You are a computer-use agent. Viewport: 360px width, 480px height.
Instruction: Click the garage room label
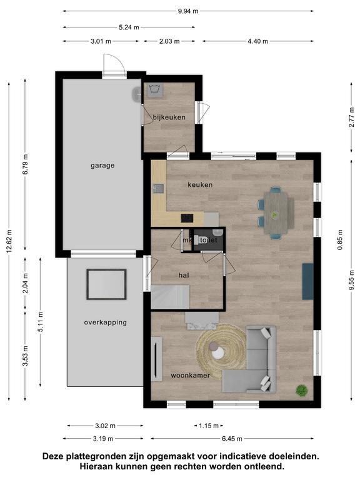click(102, 166)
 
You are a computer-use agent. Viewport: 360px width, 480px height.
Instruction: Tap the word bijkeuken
click(169, 117)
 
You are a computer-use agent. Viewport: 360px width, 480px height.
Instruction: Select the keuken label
click(200, 185)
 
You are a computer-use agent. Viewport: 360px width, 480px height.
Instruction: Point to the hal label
click(184, 276)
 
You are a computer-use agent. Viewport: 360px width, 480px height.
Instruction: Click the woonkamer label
click(191, 375)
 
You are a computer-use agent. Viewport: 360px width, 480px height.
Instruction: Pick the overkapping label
click(105, 322)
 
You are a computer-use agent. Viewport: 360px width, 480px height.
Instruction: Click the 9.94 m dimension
click(188, 11)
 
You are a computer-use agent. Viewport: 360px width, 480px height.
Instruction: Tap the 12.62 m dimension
click(9, 241)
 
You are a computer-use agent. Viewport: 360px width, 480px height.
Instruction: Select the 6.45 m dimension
click(232, 439)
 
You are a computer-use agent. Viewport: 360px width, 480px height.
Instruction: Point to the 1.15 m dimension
click(209, 426)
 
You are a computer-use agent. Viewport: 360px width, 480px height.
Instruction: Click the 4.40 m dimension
click(257, 41)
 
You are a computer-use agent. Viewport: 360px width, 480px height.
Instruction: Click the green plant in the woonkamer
click(301, 390)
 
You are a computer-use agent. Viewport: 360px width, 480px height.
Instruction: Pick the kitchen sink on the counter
click(159, 189)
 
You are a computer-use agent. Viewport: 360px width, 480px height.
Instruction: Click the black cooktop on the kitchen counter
click(187, 218)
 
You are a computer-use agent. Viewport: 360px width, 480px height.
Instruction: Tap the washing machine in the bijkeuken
click(155, 90)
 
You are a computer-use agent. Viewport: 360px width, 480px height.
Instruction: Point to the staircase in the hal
click(170, 297)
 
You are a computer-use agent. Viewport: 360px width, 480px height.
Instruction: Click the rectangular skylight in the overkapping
click(106, 284)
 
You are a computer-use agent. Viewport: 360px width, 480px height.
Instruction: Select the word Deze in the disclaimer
click(52, 456)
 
